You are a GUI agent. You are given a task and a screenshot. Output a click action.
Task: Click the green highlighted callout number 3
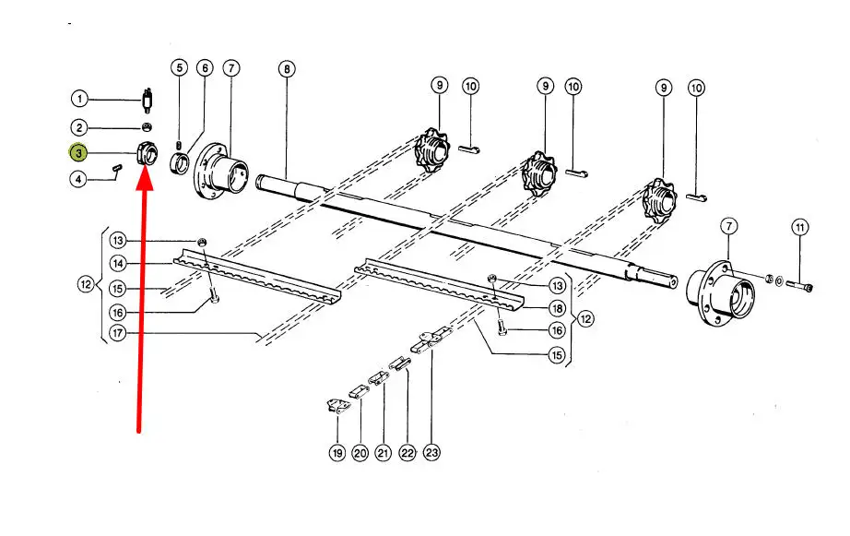coord(78,153)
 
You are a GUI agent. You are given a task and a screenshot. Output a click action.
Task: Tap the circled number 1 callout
coord(79,99)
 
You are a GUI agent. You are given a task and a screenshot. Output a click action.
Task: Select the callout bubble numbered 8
coord(286,69)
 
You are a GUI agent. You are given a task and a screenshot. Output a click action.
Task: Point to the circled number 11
coord(800,227)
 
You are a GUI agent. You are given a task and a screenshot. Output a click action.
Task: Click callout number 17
coord(118,332)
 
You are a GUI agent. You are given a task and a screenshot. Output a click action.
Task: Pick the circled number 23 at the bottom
coord(431,452)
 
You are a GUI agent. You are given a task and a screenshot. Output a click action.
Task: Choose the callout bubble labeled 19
coord(336,453)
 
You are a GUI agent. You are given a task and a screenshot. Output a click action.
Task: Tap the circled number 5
coord(179,68)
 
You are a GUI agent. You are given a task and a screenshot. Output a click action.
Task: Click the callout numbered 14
coord(118,264)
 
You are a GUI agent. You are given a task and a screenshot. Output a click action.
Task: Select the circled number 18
coord(557,309)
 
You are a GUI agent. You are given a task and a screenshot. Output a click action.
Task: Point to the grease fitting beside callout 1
coord(147,100)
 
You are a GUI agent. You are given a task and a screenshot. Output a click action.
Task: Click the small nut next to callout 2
coord(147,127)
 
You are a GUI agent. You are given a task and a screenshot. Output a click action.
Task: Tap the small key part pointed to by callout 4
coord(117,169)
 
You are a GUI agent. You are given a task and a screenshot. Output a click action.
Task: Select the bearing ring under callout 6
coord(180,162)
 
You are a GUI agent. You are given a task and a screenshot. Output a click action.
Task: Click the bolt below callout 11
coord(799,285)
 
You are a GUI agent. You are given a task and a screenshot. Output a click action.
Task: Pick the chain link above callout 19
coord(336,406)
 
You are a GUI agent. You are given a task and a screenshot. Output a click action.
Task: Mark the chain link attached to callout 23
coord(431,339)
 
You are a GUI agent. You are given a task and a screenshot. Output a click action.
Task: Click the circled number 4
coord(78,178)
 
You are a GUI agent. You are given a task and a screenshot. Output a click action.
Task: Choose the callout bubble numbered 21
coord(384,452)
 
